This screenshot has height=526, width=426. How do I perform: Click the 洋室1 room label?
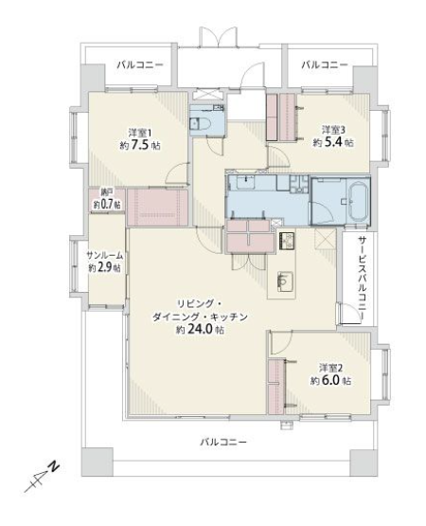(140, 133)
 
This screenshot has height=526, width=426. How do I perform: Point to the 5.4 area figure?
(332, 142)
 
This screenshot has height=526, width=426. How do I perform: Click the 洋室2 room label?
(330, 368)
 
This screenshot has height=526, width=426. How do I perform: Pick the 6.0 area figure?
(329, 381)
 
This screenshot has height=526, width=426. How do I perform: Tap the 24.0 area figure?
(201, 330)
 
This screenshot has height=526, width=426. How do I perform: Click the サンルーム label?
(104, 256)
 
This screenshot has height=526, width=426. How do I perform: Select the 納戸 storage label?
(107, 192)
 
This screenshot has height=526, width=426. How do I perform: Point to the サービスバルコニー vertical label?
(362, 277)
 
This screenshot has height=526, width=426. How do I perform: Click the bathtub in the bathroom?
(359, 202)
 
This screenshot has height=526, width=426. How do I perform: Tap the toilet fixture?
(199, 124)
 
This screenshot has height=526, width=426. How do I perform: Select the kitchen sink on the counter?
(285, 280)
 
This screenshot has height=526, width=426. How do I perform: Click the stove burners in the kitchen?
(286, 241)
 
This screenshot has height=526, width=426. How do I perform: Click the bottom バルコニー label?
(223, 443)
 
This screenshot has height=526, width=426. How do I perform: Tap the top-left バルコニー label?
(140, 64)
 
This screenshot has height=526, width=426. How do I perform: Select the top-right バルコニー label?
(324, 64)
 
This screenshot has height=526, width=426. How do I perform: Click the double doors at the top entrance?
(219, 36)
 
